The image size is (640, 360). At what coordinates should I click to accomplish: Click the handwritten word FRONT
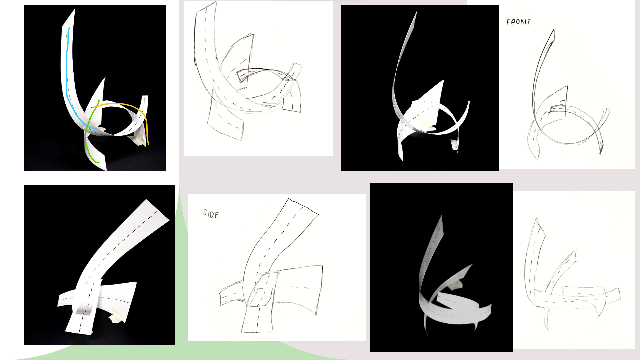point(518,22)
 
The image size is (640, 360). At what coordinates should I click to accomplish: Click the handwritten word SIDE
point(211,214)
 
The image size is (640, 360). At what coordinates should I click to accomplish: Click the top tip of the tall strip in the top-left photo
point(74,9)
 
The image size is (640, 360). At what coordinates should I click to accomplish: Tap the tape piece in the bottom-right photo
point(455,285)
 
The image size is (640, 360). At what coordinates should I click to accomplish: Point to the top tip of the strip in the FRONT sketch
point(554,30)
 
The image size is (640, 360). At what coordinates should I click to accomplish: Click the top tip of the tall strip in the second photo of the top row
point(417,12)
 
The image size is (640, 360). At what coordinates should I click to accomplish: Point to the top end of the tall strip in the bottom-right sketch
point(536,220)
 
